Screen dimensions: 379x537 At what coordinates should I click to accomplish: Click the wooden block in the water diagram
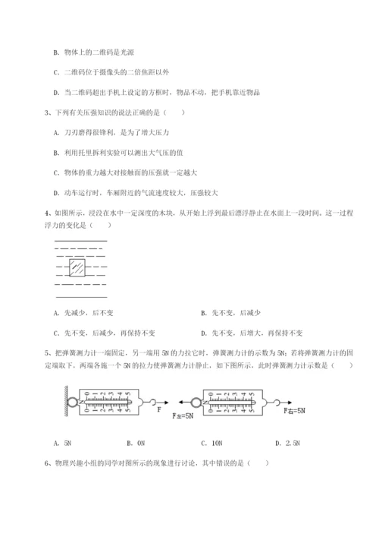77,268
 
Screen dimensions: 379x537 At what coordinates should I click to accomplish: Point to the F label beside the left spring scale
160,409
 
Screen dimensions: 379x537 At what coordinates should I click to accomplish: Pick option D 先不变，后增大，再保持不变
252,332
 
